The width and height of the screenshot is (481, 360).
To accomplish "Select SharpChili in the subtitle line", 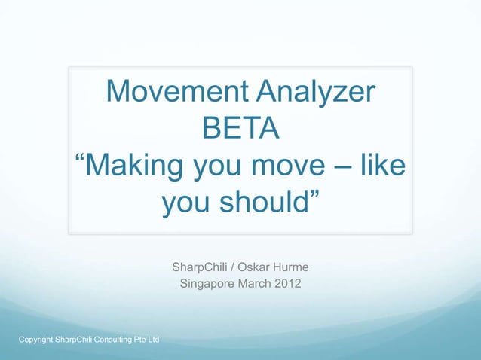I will click(x=199, y=267).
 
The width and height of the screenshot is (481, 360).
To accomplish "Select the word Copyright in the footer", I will click(x=35, y=341).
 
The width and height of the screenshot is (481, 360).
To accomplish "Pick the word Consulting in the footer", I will click(x=111, y=341).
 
